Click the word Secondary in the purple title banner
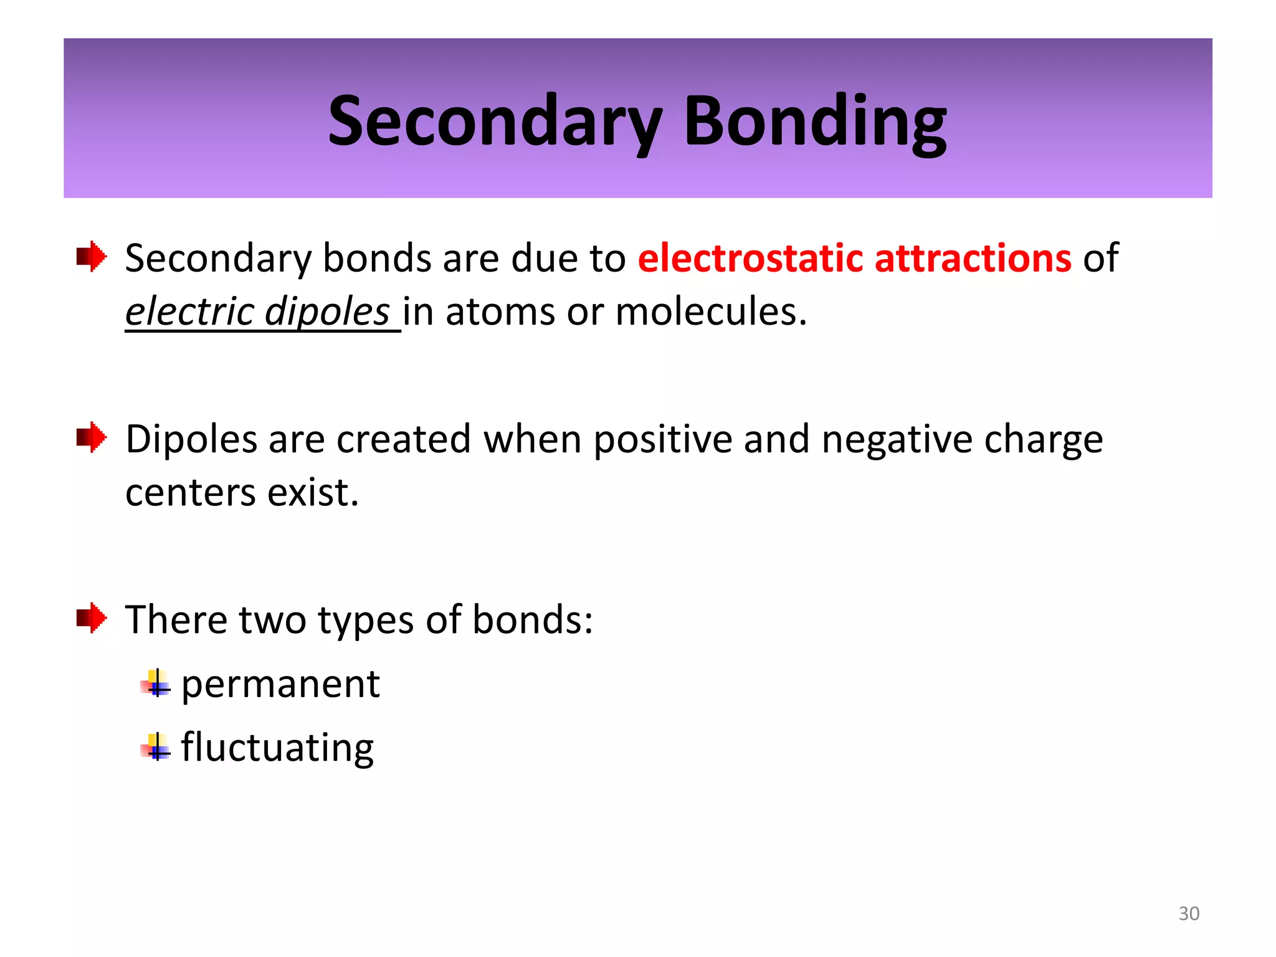pos(495,121)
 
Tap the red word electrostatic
pos(750,258)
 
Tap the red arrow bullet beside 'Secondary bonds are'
pos(92,256)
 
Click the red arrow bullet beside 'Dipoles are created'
pos(92,437)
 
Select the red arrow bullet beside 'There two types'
pos(92,618)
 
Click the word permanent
pos(280,684)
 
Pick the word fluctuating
pos(277,748)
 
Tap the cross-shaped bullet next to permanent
pos(156,684)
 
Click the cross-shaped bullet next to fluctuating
pos(156,747)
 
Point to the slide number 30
pos(1189,913)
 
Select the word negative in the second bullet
pos(897,440)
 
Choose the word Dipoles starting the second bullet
pos(191,440)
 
